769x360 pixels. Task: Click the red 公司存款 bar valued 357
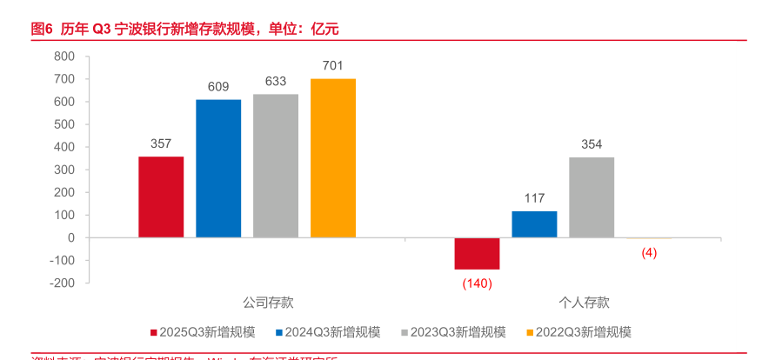tap(161, 197)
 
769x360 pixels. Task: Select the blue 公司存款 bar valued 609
tap(218, 168)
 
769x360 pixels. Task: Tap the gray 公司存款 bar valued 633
tap(276, 165)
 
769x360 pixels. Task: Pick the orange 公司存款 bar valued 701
tap(333, 157)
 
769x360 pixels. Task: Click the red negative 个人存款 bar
tap(477, 253)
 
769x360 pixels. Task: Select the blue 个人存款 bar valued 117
tap(534, 224)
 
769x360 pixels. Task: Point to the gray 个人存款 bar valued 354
tap(592, 197)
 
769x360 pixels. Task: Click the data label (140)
tap(477, 283)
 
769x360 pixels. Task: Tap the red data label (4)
tap(649, 253)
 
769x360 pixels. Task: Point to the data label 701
tap(333, 65)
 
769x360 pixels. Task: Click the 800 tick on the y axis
tap(64, 57)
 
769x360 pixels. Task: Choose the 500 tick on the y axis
tap(64, 124)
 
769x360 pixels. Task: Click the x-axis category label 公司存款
tap(268, 303)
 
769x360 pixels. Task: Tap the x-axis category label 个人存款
tap(584, 303)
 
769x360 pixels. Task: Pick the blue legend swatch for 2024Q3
tap(279, 332)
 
